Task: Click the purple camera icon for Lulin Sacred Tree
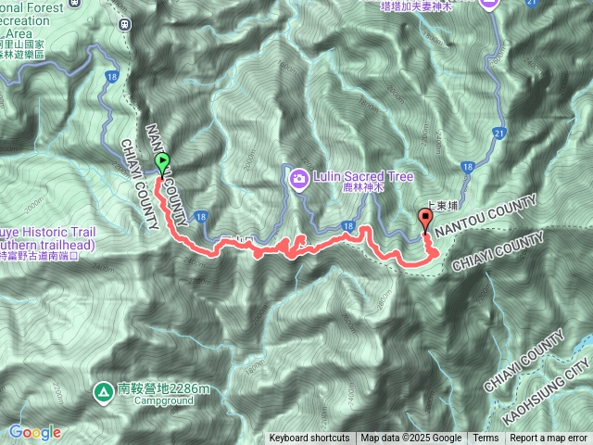coord(299,177)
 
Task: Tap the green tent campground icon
coord(102,389)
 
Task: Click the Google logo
coord(35,432)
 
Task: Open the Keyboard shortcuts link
coord(309,439)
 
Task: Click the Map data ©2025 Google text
coord(410,439)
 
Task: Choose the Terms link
coord(486,439)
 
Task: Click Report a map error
coord(549,439)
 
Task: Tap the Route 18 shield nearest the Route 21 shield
coord(467,167)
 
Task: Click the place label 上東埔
coord(439,210)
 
